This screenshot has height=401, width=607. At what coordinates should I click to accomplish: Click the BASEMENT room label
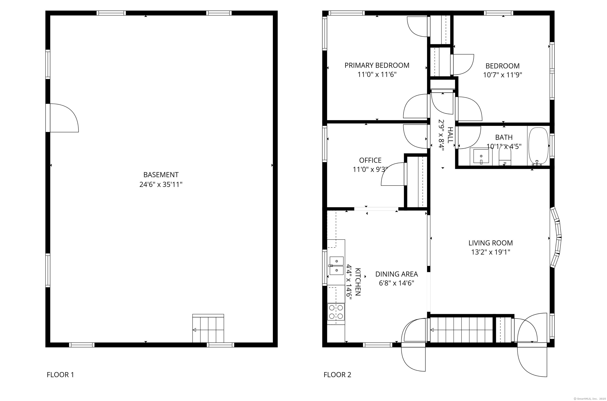(161, 175)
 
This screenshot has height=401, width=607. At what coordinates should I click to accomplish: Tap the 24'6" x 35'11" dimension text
(161, 184)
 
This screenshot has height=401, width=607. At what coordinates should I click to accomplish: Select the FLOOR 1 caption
(60, 375)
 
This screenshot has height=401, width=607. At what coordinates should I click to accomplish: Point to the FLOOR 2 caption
(337, 375)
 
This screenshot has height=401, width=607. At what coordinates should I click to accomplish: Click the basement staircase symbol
(208, 328)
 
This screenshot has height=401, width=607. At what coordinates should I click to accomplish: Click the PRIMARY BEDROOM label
(377, 65)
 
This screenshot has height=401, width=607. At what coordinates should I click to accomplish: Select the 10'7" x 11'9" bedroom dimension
(502, 75)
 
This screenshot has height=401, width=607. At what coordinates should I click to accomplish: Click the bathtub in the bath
(538, 146)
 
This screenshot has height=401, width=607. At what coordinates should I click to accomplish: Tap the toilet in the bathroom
(505, 157)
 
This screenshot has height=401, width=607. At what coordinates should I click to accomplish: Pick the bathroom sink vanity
(481, 156)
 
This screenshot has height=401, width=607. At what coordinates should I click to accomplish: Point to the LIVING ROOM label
(491, 243)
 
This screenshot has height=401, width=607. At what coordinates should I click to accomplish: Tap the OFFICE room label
(370, 160)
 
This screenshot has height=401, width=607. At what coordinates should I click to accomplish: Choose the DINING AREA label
(397, 274)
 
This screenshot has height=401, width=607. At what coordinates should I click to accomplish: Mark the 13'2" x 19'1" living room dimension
(491, 252)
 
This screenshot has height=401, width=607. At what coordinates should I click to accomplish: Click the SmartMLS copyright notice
(589, 399)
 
